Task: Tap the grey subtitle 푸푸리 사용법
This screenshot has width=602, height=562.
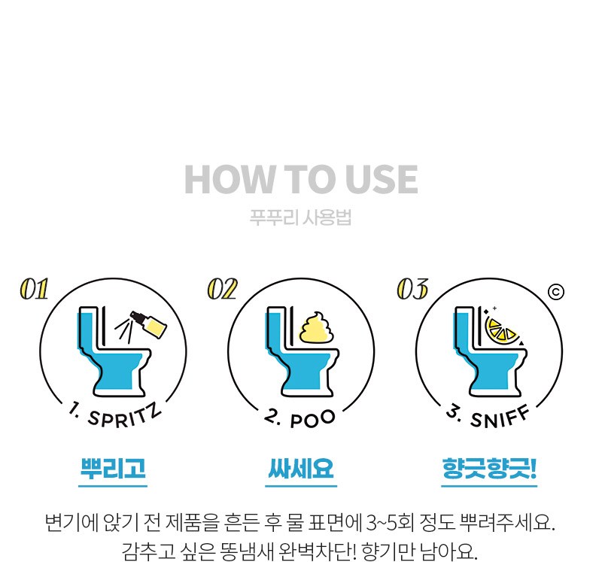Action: coord(300,217)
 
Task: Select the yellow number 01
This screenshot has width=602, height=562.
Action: coord(34,289)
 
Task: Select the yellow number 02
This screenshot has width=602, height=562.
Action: coord(222,289)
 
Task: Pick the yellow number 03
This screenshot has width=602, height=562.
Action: coord(412,289)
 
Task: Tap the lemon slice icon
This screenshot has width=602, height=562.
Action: coord(501,330)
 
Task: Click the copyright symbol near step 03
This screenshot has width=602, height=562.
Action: coord(556,292)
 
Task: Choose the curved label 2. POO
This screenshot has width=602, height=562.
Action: coord(299,418)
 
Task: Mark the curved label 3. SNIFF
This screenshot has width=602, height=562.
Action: coord(488,416)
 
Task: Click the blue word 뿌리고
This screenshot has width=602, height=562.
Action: coord(113,468)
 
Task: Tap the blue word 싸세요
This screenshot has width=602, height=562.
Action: coord(300,468)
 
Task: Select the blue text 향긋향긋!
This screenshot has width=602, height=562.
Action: coord(489,468)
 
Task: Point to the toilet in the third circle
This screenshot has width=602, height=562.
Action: coord(490,352)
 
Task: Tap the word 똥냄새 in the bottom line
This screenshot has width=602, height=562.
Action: coord(247,551)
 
